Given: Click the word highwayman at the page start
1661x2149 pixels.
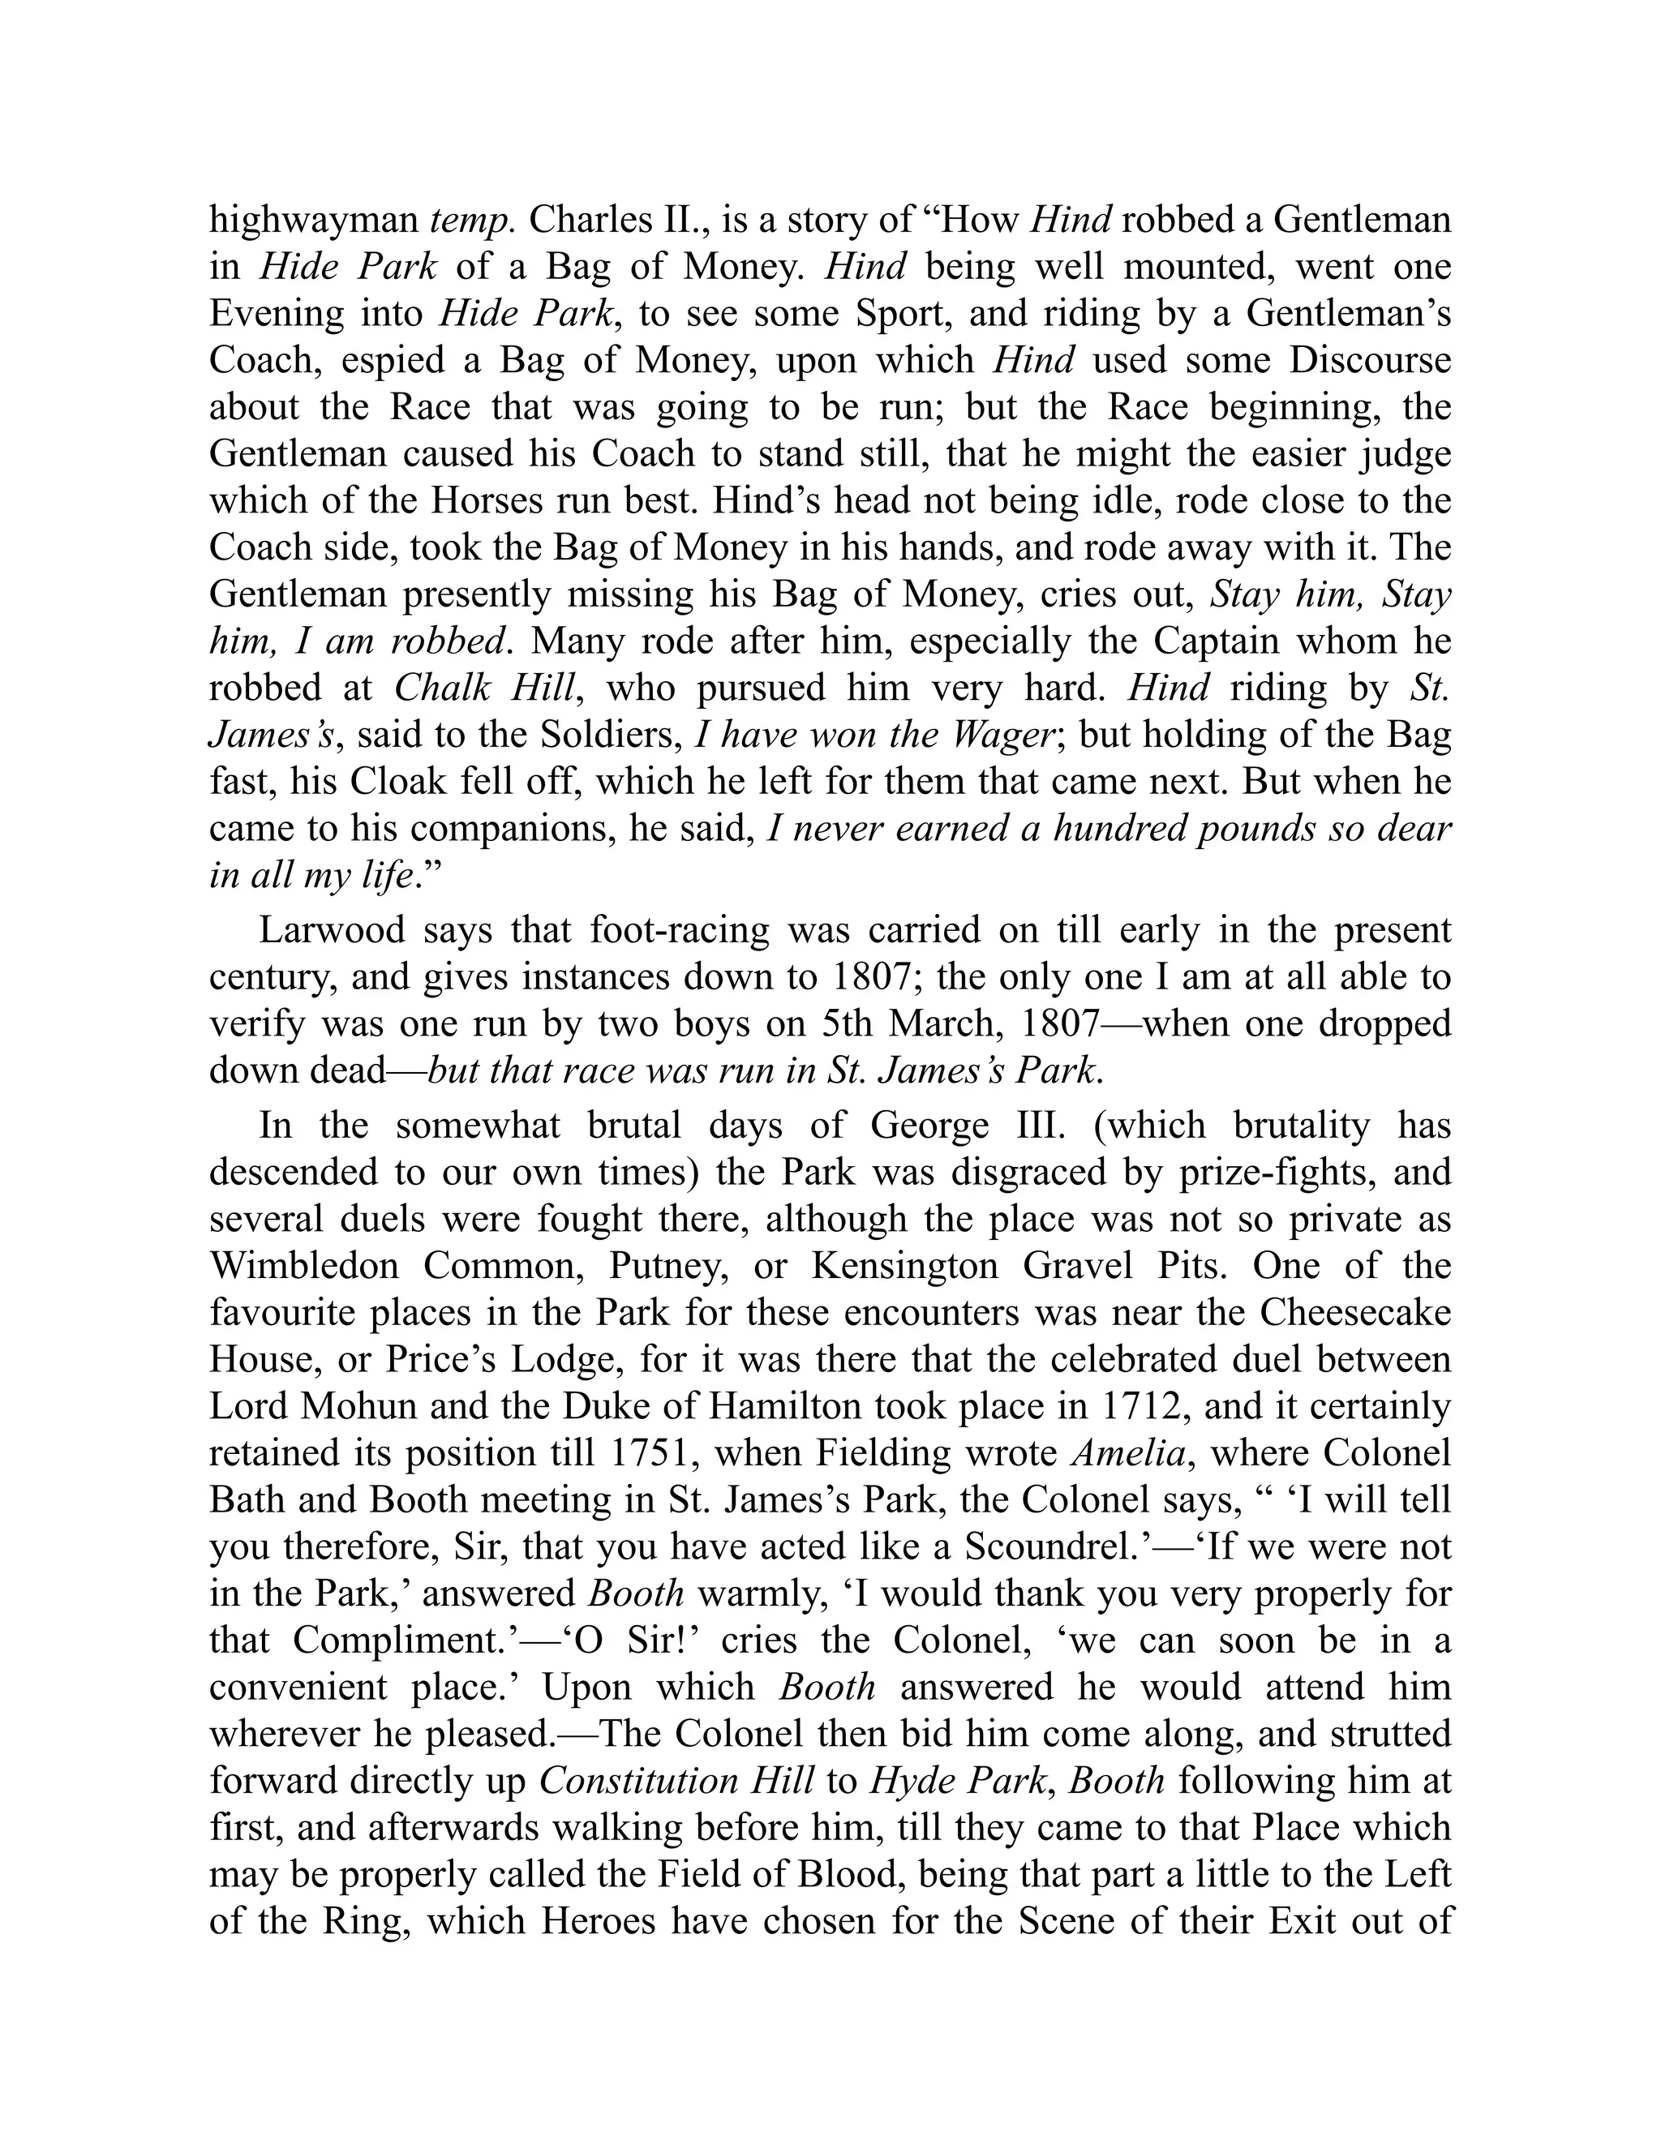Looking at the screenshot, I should (315, 220).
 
